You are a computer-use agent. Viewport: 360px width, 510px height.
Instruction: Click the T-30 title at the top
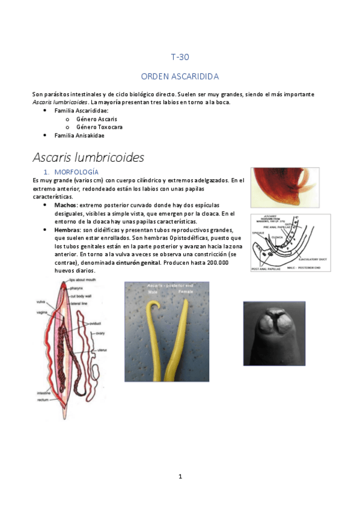pos(180,58)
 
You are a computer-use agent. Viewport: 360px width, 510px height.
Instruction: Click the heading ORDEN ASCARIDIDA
pos(180,76)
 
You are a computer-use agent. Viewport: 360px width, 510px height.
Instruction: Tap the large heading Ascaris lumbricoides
pos(88,158)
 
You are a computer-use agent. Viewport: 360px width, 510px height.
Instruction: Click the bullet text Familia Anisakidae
pos(79,135)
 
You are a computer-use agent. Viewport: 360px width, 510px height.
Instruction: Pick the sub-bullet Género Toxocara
pos(99,127)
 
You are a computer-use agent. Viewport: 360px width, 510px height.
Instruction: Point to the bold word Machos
pos(66,205)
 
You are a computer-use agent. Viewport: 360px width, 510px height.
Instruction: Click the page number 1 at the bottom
pos(180,476)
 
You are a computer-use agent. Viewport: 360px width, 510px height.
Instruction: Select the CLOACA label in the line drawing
pos(277,237)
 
